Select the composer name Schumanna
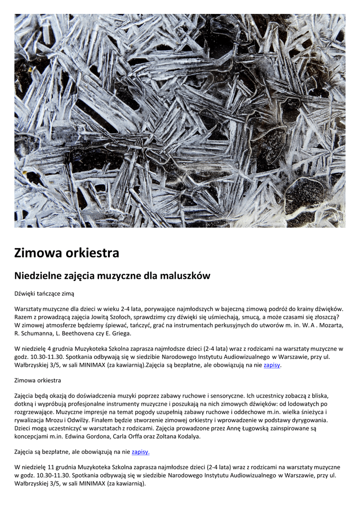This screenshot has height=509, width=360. tap(39, 333)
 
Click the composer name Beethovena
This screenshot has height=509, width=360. tap(90, 333)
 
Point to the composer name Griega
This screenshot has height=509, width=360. tap(120, 333)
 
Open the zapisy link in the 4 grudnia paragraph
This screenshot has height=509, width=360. tap(272, 365)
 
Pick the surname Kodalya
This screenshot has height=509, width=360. tap(185, 436)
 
